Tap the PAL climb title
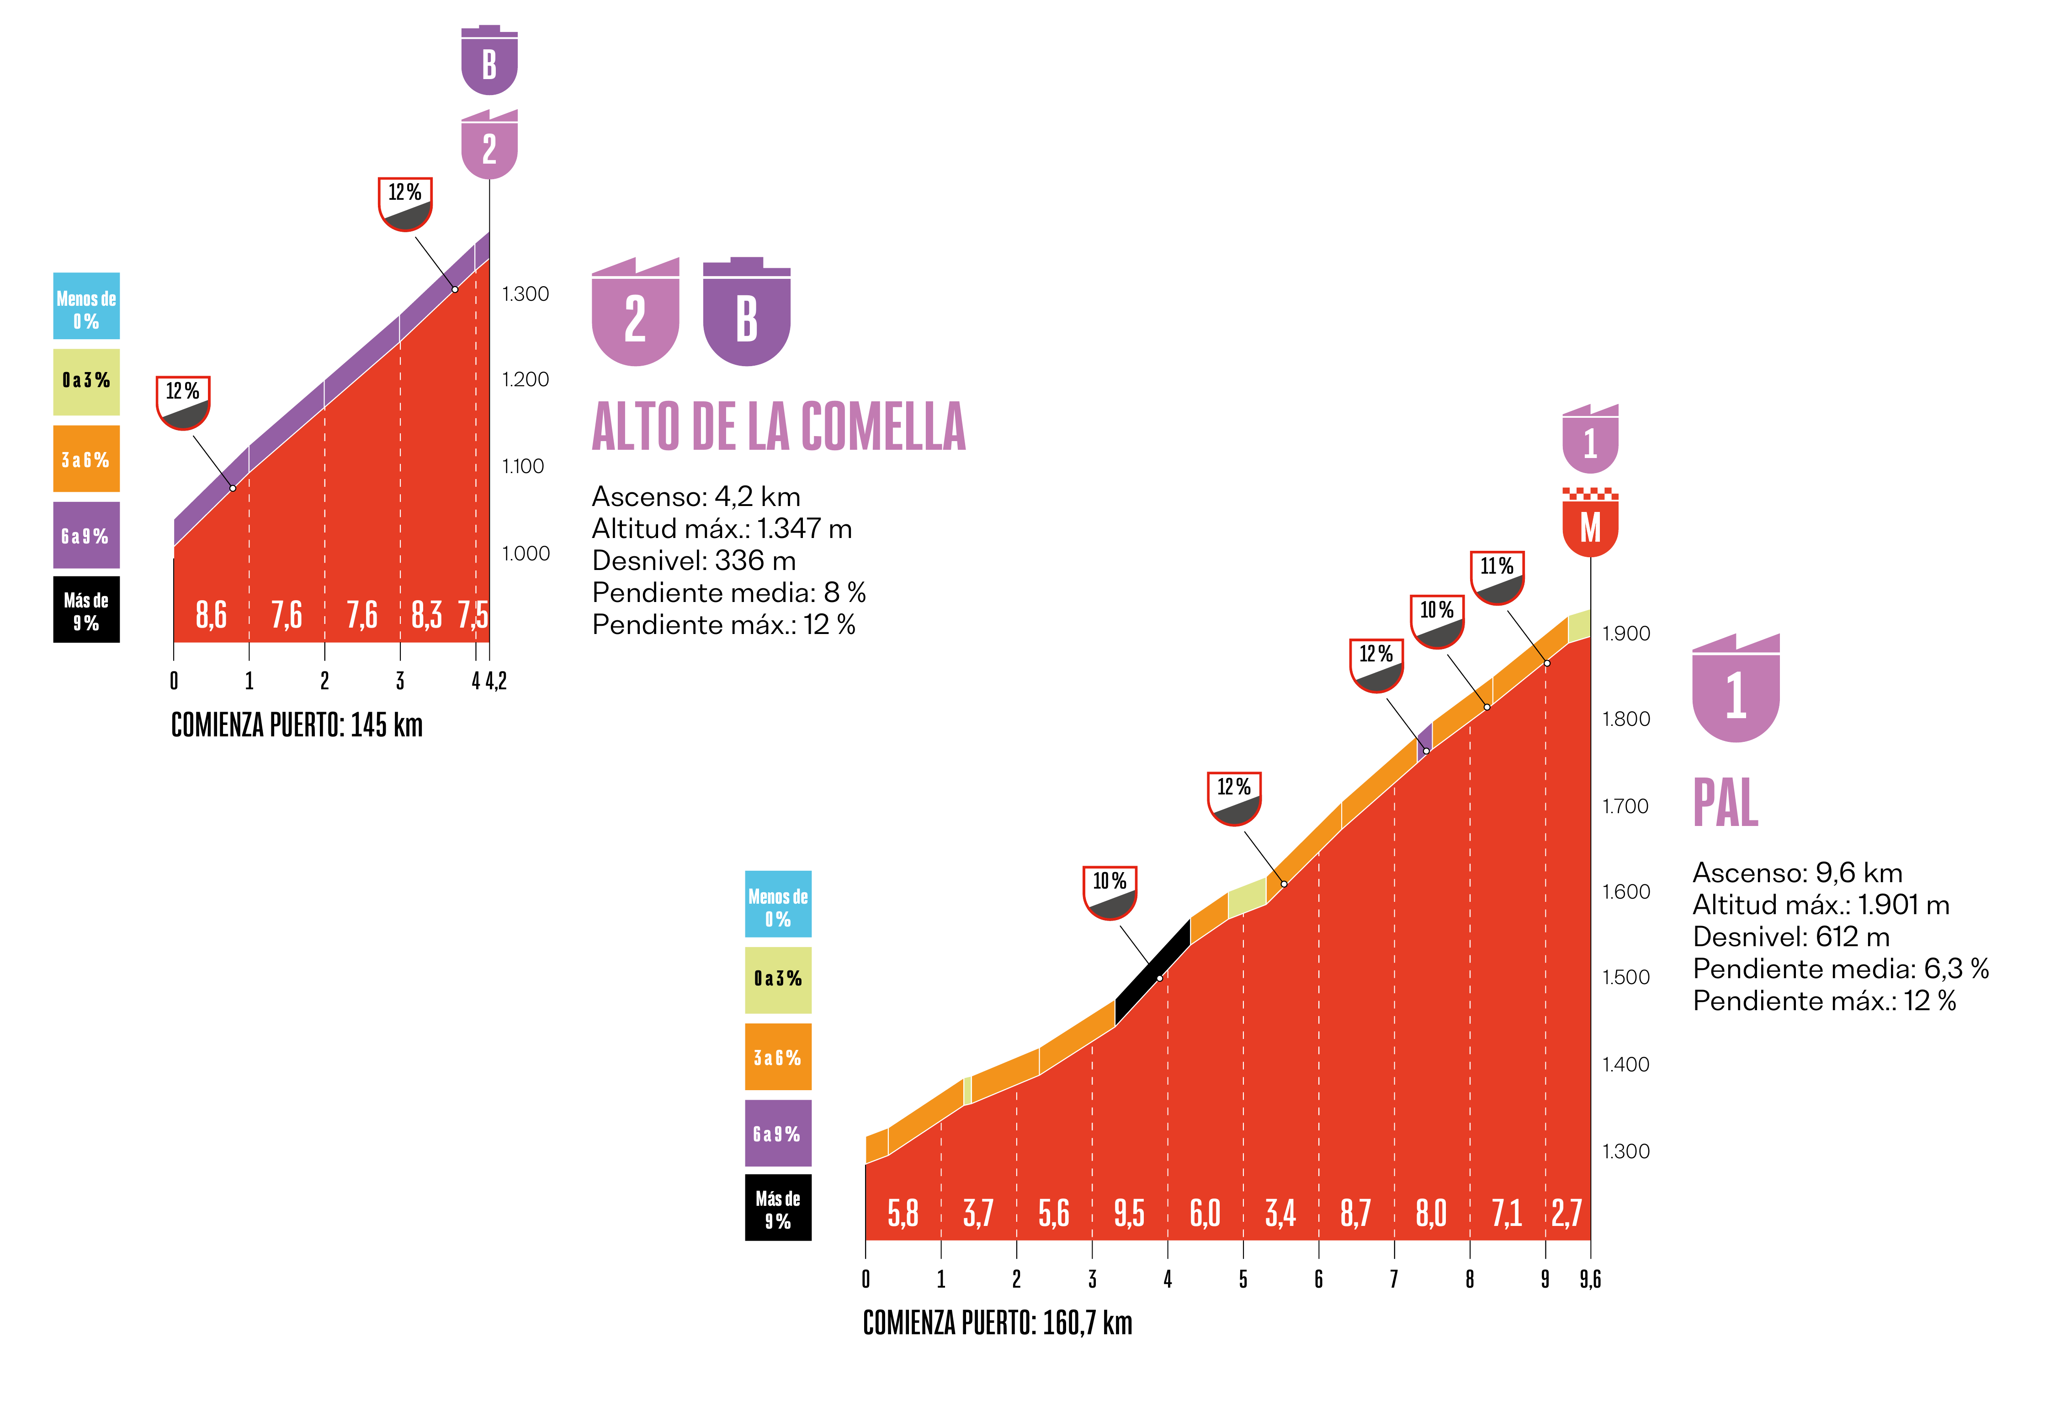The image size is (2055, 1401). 1725,803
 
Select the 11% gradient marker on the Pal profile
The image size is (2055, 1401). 1496,577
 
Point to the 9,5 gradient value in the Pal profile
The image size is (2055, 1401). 1129,1214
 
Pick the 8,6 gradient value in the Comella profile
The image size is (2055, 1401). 211,615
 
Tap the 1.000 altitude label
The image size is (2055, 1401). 525,554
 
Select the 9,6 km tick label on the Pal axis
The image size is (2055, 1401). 1590,1279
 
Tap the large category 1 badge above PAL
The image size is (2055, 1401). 1735,690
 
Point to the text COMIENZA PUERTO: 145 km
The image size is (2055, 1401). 296,725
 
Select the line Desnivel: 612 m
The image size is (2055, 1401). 1790,937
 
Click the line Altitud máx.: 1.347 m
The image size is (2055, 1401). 722,529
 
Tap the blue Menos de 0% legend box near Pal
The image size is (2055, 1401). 777,904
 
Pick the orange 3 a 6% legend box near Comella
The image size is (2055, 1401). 86,459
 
